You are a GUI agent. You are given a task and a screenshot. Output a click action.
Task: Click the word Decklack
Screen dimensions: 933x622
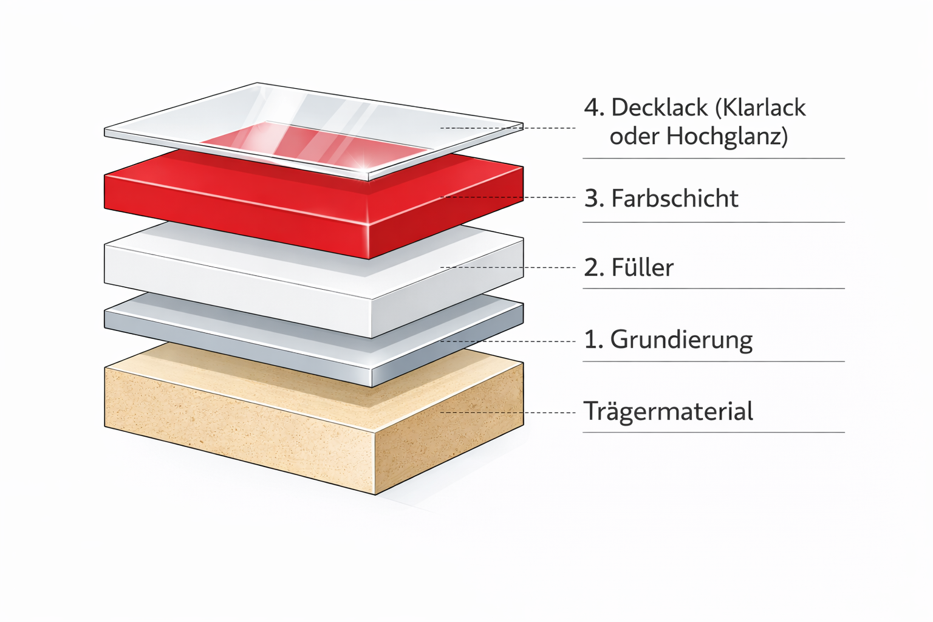pyautogui.click(x=659, y=108)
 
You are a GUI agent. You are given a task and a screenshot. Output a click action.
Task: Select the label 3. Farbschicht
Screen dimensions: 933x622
pyautogui.click(x=661, y=198)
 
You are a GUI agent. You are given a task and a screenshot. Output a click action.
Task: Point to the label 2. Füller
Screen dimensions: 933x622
pyautogui.click(x=629, y=267)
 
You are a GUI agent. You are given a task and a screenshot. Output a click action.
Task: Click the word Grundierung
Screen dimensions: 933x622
pyautogui.click(x=682, y=340)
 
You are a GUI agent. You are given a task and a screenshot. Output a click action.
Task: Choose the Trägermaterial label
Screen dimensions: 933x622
pyautogui.click(x=668, y=411)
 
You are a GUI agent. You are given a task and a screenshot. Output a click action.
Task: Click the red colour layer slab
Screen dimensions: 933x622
pyautogui.click(x=313, y=204)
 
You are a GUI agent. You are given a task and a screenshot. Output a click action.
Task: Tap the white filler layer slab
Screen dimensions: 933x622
pyautogui.click(x=313, y=279)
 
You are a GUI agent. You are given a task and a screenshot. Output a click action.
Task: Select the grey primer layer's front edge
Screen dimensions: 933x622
pyautogui.click(x=238, y=348)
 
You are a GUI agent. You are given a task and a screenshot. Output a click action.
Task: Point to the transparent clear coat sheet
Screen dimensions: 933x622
pyautogui.click(x=313, y=131)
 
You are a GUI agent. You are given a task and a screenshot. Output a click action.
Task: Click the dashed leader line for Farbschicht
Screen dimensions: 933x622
pyautogui.click(x=508, y=197)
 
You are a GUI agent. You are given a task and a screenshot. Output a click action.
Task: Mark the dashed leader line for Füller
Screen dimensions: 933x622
pyautogui.click(x=508, y=267)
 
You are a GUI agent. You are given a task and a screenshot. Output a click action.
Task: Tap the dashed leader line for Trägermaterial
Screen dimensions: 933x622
pyautogui.click(x=508, y=412)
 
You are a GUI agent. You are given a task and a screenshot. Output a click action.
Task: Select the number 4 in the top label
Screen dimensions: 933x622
pyautogui.click(x=592, y=108)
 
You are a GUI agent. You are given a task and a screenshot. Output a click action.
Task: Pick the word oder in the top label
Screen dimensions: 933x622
pyautogui.click(x=634, y=136)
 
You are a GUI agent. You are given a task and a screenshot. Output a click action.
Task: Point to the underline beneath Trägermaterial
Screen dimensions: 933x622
pyautogui.click(x=714, y=432)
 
